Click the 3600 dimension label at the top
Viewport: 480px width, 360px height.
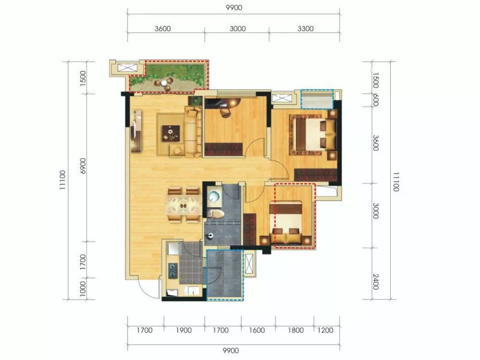(163, 29)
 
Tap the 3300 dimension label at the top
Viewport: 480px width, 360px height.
(306, 29)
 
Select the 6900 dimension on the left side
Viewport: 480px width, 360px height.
(83, 166)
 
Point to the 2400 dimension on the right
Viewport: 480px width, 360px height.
(376, 282)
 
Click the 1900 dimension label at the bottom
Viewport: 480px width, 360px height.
(184, 330)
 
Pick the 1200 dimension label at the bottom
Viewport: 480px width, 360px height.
(325, 330)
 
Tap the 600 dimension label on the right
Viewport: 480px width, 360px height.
(376, 100)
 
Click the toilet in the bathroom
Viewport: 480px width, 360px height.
(215, 213)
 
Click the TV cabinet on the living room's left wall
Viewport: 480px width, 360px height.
(137, 131)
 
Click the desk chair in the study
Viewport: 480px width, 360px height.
(226, 112)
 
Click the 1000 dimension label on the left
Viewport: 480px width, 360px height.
(82, 289)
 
